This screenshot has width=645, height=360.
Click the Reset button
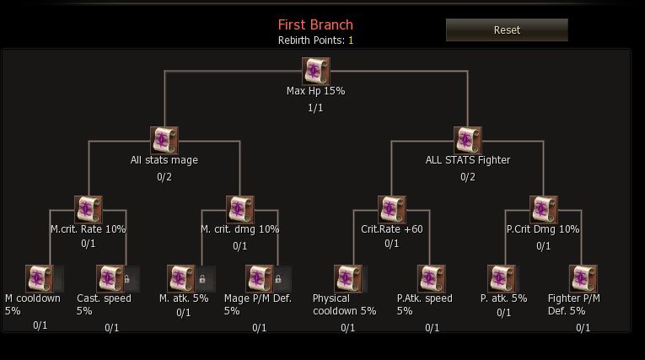coord(507,30)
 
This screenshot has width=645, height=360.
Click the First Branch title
coord(315,24)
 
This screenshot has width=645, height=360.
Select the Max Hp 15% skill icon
coord(316,71)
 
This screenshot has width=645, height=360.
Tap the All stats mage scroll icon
coord(164,140)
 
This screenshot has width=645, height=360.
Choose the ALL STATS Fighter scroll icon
coord(468,140)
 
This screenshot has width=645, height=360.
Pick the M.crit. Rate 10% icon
coord(89,209)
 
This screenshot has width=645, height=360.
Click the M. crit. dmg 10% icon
coord(240,209)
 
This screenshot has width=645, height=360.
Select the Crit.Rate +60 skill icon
coord(392,209)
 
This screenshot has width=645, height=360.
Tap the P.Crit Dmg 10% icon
coord(544,209)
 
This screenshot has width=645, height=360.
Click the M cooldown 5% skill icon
coord(40,278)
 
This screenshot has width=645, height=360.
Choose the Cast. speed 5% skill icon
coord(110,278)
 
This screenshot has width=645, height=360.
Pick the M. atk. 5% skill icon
coord(180,278)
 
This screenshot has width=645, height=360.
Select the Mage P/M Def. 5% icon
coord(259,278)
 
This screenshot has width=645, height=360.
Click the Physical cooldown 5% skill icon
coord(347,278)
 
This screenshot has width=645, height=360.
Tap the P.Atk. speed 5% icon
coord(432,278)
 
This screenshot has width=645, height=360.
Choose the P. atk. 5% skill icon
coord(502,278)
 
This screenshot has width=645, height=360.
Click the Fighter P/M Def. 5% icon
coord(583,278)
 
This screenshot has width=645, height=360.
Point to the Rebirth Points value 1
coord(351,40)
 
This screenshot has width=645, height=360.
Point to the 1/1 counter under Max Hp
coord(315,107)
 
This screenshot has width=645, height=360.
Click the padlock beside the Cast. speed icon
coord(127,278)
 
